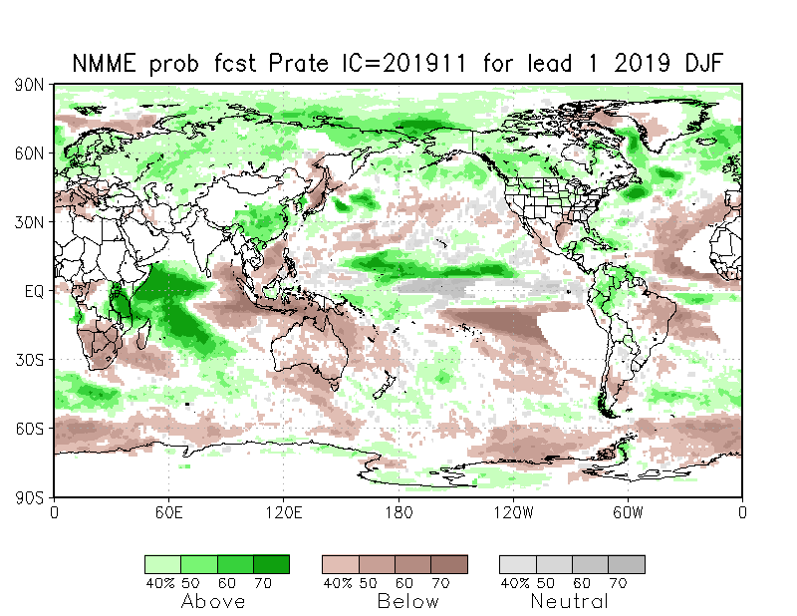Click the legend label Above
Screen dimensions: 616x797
[213, 601]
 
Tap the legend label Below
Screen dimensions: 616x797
[408, 601]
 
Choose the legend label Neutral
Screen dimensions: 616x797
[569, 601]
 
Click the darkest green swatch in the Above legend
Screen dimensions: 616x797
[271, 564]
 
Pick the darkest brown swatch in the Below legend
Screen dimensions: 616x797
[448, 564]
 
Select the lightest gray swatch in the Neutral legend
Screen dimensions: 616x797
[517, 564]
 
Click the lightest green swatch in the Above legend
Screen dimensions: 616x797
[162, 564]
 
